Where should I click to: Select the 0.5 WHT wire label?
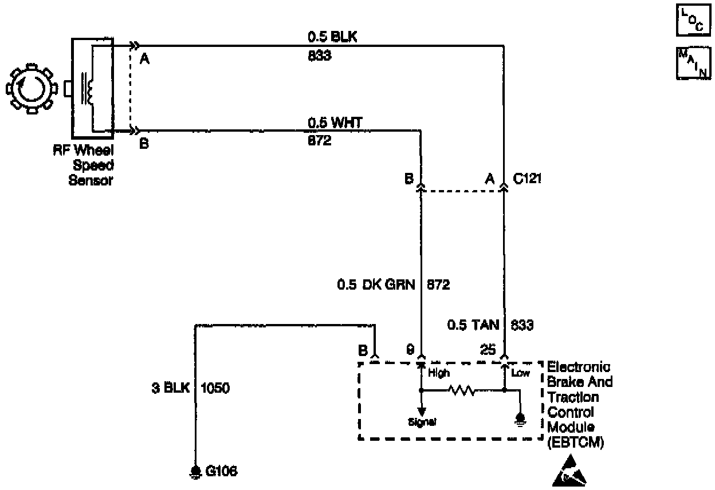pyautogui.click(x=335, y=122)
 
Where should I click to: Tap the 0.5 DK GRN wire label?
pyautogui.click(x=376, y=284)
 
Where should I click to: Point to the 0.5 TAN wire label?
pyautogui.click(x=471, y=326)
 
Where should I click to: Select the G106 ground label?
pyautogui.click(x=221, y=472)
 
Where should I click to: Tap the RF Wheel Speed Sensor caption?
pyautogui.click(x=91, y=166)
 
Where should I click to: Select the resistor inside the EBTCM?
pyautogui.click(x=462, y=392)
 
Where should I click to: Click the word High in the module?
pyautogui.click(x=439, y=373)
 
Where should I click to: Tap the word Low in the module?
pyautogui.click(x=520, y=373)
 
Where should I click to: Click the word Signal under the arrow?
pyautogui.click(x=422, y=422)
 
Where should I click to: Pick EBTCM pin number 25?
pyautogui.click(x=488, y=350)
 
